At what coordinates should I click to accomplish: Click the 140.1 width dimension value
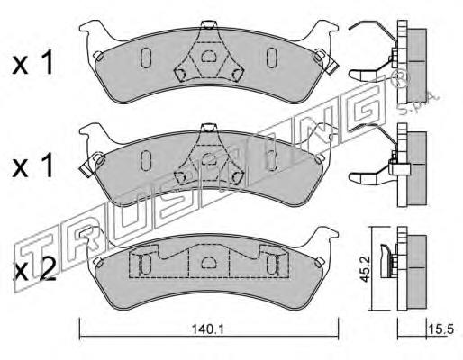(x=208, y=329)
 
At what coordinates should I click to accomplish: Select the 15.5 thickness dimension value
(x=440, y=329)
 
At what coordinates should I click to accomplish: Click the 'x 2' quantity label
(x=35, y=270)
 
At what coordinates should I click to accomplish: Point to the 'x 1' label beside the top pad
(x=32, y=62)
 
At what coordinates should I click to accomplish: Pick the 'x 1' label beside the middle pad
(x=32, y=165)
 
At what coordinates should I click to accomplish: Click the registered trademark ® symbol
(x=400, y=77)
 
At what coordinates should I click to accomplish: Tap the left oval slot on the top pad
(x=146, y=58)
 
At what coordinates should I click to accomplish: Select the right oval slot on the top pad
(x=271, y=58)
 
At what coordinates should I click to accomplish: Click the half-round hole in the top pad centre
(x=206, y=56)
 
